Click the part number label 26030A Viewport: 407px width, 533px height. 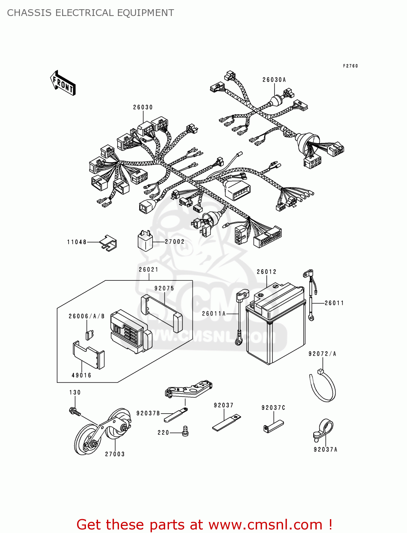[274, 80]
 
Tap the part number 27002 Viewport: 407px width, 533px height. [175, 242]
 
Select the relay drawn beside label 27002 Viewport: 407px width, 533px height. [145, 241]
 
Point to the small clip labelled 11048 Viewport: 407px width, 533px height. [109, 243]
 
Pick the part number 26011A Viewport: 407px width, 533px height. [214, 314]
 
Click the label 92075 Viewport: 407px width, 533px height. [164, 289]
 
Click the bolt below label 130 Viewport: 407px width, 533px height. [75, 412]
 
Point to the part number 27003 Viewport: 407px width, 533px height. [115, 454]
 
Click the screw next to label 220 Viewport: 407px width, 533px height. [185, 431]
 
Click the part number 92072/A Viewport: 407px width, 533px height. [322, 354]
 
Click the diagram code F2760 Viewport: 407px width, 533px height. [350, 66]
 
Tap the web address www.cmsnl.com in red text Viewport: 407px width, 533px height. [265, 525]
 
